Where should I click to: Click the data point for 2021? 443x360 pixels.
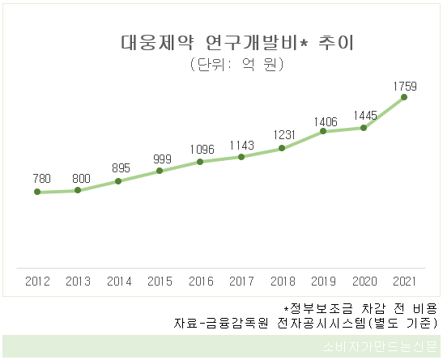(404, 97)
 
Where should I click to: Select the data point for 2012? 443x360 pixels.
(37, 192)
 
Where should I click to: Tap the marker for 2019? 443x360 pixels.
(323, 131)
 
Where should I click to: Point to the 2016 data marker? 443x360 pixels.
(200, 162)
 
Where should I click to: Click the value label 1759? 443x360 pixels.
(405, 87)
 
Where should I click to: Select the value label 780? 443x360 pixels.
(42, 179)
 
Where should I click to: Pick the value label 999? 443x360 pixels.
(163, 159)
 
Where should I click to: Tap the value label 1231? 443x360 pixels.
(284, 135)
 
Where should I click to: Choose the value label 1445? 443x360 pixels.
(365, 116)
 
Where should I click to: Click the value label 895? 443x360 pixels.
(121, 168)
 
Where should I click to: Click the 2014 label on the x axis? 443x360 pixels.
(119, 282)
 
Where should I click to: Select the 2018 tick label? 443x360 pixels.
(283, 282)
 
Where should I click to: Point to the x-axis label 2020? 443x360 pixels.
(364, 282)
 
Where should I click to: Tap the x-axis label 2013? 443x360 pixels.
(79, 282)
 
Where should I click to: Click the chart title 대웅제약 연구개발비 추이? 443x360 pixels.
(237, 43)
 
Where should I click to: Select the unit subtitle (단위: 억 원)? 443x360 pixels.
(236, 65)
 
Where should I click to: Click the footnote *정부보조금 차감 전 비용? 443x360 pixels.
(360, 308)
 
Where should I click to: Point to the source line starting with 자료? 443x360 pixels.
(305, 323)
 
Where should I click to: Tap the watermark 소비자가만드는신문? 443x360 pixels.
(380, 347)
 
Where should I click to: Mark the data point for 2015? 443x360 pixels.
(160, 171)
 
